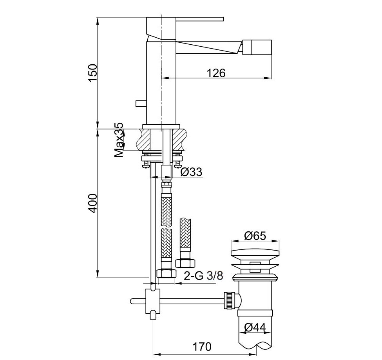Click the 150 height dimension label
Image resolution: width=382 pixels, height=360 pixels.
pyautogui.click(x=93, y=73)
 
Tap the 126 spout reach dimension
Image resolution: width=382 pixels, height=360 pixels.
pyautogui.click(x=216, y=73)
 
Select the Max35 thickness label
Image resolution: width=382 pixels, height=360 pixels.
pyautogui.click(x=119, y=140)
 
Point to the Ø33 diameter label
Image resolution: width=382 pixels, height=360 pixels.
pyautogui.click(x=191, y=172)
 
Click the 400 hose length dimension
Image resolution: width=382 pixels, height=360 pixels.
pyautogui.click(x=93, y=203)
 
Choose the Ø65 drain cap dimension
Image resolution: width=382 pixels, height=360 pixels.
pyautogui.click(x=255, y=236)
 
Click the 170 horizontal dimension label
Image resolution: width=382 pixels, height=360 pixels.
pyautogui.click(x=202, y=346)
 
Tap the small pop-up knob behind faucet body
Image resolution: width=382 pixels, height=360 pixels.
pyautogui.click(x=141, y=104)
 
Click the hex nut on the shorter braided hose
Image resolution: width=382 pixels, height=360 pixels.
pyautogui.click(x=185, y=263)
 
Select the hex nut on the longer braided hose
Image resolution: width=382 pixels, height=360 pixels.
pyautogui.click(x=167, y=273)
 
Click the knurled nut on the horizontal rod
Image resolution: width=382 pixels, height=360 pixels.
pyautogui.click(x=229, y=300)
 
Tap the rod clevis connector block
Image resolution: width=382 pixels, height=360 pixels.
pyautogui.click(x=153, y=301)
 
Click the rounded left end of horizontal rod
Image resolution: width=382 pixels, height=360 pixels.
pyautogui.click(x=132, y=301)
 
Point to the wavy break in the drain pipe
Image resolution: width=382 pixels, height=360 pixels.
pyautogui.click(x=255, y=346)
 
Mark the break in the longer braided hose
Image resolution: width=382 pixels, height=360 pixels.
pyautogui.click(x=167, y=229)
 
